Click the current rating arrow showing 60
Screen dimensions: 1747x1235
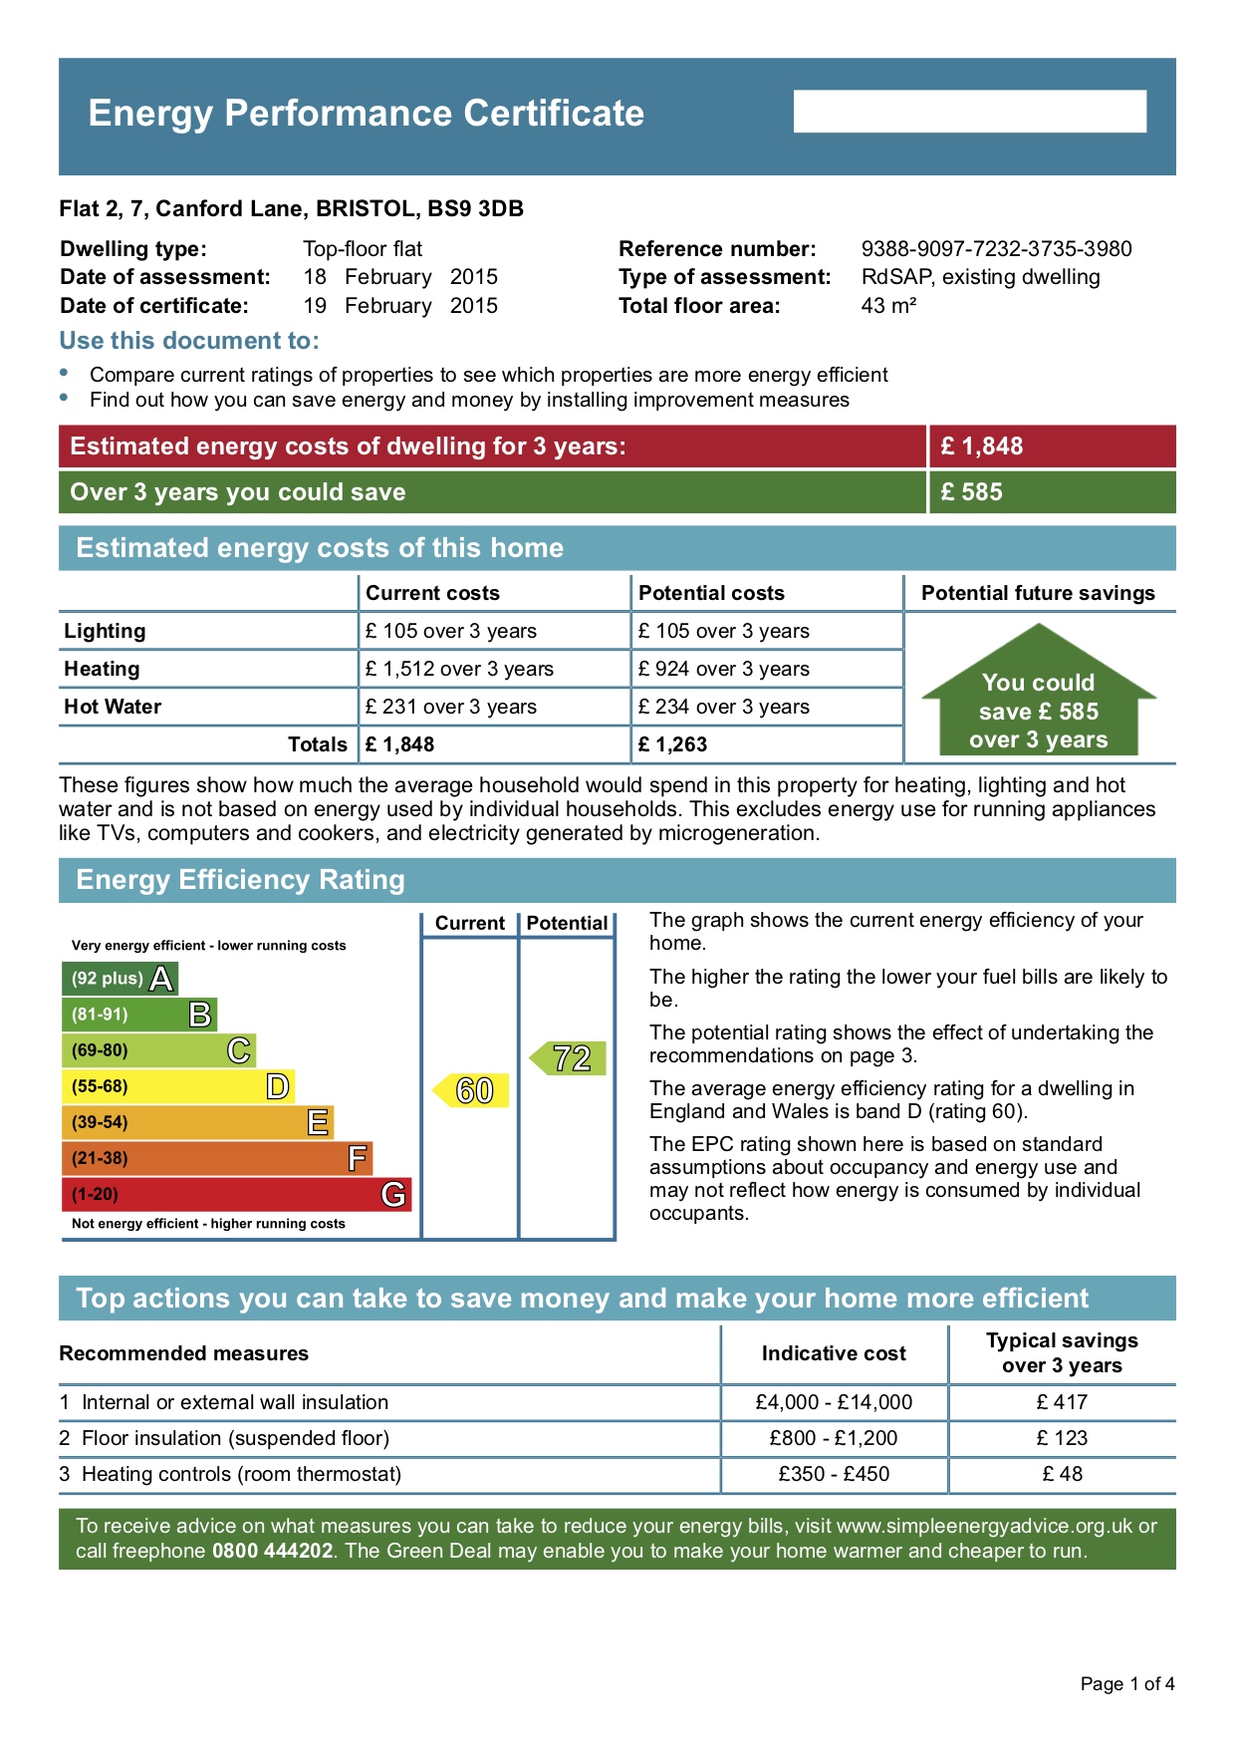472,1090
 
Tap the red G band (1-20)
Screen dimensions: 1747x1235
236,1194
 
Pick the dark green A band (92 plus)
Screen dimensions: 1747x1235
120,979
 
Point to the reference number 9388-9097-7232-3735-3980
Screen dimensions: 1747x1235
996,249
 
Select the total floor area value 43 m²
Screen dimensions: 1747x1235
888,306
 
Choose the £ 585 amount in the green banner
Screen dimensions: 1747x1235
972,492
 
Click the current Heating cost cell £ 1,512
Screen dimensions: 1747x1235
459,669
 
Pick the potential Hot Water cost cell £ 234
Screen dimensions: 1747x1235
724,707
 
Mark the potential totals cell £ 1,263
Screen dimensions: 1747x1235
673,744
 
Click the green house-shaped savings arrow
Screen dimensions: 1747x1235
1039,698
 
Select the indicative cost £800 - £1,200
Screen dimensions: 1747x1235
834,1438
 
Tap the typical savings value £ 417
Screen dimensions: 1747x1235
1062,1402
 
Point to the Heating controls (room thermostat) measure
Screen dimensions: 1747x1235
241,1474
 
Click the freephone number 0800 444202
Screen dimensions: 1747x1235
272,1552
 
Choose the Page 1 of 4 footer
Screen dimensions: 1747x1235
1127,1684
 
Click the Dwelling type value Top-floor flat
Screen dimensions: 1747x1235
363,249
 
